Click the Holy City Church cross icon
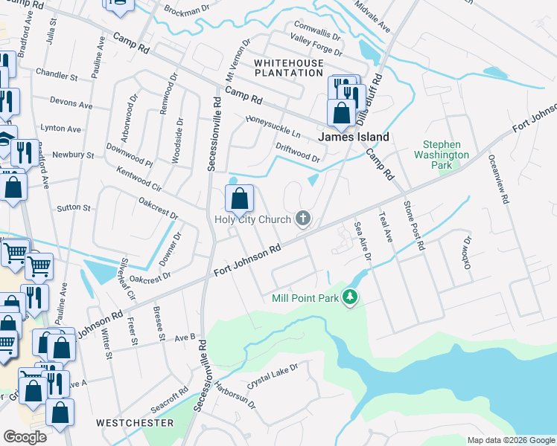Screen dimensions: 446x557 pyautogui.click(x=302, y=219)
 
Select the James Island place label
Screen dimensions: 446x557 pyautogui.click(x=354, y=137)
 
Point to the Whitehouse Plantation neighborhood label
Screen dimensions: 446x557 pyautogui.click(x=289, y=68)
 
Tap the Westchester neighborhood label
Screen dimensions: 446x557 pyautogui.click(x=135, y=423)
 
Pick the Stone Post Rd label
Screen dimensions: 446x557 pyautogui.click(x=413, y=224)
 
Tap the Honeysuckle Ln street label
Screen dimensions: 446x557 pyautogui.click(x=273, y=127)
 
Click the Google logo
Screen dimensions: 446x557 pyautogui.click(x=25, y=437)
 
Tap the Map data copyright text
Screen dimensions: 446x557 pyautogui.click(x=510, y=440)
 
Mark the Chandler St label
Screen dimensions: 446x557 pyautogui.click(x=57, y=76)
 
